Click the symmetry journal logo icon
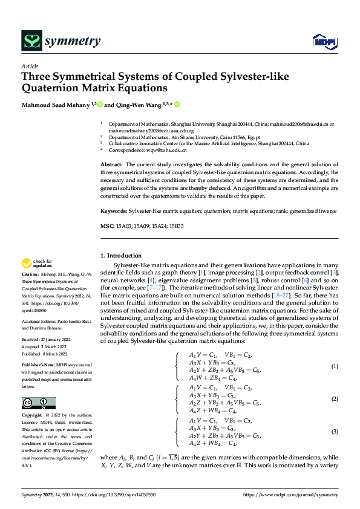(x=32, y=41)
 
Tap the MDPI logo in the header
(x=324, y=42)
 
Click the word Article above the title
(x=30, y=66)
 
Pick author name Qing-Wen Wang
(x=138, y=105)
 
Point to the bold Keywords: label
(x=114, y=212)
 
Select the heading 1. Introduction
(x=121, y=256)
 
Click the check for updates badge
(x=36, y=264)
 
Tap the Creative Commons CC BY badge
(x=39, y=403)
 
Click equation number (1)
(x=334, y=367)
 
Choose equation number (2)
(x=334, y=399)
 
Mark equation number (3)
(x=334, y=432)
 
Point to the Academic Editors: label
(x=40, y=320)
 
